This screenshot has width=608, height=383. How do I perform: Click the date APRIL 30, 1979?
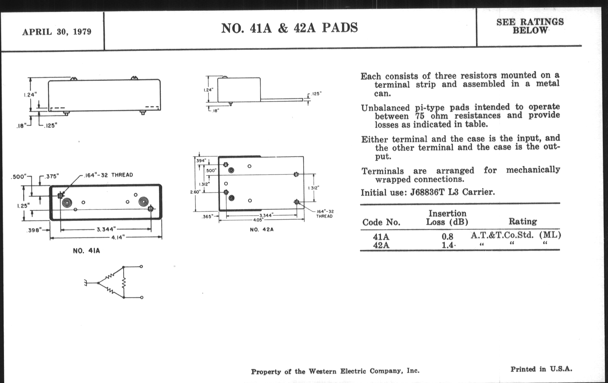tap(56, 32)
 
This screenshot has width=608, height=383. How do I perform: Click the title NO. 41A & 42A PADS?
tap(289, 28)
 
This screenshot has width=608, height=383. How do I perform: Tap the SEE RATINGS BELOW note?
tap(530, 26)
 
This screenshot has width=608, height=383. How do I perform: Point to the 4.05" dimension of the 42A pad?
tap(258, 220)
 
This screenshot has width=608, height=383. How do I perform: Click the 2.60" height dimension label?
tap(195, 192)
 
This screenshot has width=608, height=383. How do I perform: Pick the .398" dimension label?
tap(34, 230)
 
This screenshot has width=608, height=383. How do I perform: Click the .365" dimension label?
tap(207, 216)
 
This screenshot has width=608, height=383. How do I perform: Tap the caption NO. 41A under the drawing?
tap(86, 251)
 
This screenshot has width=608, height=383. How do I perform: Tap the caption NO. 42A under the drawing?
tap(261, 230)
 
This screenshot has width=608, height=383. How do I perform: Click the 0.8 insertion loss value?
tap(447, 237)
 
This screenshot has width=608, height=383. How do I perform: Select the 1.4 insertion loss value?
tap(448, 245)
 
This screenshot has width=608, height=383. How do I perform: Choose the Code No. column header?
tap(381, 222)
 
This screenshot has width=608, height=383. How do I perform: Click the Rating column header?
tap(522, 222)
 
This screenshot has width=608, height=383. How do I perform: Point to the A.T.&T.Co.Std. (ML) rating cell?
tap(515, 235)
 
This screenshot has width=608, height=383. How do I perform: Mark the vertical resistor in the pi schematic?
tap(124, 283)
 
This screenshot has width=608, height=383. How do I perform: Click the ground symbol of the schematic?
tap(86, 283)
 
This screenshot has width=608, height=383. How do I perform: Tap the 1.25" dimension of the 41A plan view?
tap(23, 206)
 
